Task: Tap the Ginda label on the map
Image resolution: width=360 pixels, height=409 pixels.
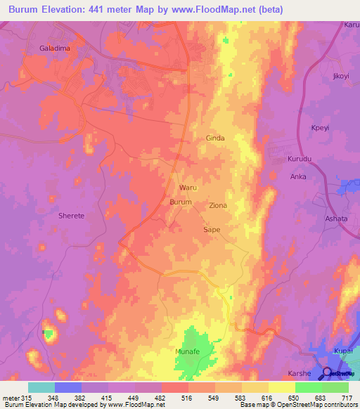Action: (x=215, y=138)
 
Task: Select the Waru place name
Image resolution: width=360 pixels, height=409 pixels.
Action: (x=188, y=188)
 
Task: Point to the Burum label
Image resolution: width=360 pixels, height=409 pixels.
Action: (x=181, y=202)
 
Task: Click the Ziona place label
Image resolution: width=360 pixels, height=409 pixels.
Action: (x=218, y=205)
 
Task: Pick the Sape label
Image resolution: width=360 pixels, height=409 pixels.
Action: (x=212, y=230)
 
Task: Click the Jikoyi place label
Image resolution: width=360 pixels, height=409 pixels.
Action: (x=340, y=75)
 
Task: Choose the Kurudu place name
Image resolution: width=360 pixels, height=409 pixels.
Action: (x=300, y=160)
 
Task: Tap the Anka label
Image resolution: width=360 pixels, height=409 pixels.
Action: (x=298, y=176)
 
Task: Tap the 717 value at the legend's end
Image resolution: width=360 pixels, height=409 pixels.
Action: (x=347, y=398)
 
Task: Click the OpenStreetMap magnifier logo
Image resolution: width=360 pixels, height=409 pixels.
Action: (x=327, y=373)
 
